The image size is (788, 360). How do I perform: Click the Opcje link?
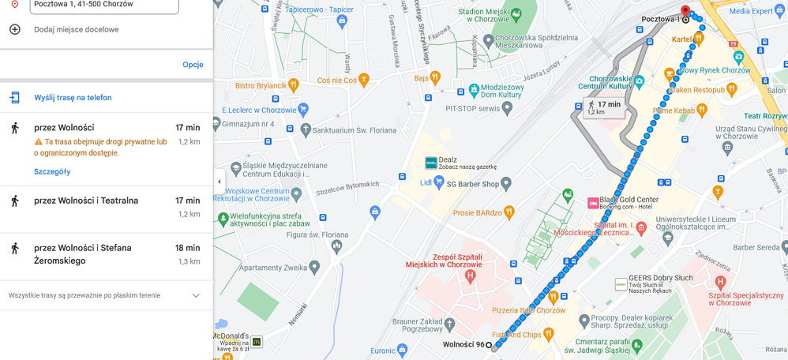(x=193, y=65)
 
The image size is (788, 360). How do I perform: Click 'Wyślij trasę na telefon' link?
(x=73, y=98)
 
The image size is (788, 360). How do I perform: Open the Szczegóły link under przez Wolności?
(x=52, y=171)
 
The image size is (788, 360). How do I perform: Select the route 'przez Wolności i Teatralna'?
(x=86, y=201)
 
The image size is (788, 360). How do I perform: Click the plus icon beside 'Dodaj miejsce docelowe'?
(x=14, y=29)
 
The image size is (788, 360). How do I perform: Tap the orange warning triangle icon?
(x=38, y=142)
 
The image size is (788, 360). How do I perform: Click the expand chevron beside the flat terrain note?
(x=196, y=295)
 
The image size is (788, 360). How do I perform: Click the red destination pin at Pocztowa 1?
(x=685, y=10)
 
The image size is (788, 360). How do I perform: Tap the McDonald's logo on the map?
(x=257, y=341)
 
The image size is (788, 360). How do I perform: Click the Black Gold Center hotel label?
(x=628, y=200)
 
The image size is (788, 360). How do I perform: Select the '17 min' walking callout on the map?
(x=603, y=107)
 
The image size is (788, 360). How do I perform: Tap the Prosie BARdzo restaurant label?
(x=478, y=212)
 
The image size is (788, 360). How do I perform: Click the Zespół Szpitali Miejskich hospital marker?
(x=471, y=276)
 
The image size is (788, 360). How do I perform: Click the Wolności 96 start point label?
(x=463, y=345)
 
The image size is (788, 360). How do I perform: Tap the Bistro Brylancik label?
(x=261, y=85)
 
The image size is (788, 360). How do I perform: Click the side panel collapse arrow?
(x=220, y=182)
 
